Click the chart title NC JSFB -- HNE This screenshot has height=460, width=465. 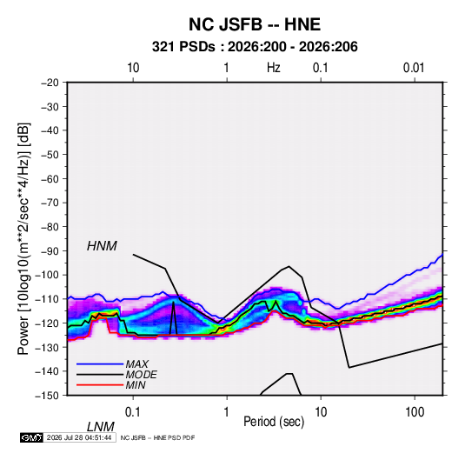(x=255, y=24)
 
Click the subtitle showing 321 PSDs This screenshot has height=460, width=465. (x=255, y=47)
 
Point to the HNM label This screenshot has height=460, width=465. (x=102, y=246)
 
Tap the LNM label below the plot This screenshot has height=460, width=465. (x=100, y=427)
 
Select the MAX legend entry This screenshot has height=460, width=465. (x=136, y=364)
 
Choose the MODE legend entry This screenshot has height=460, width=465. (x=141, y=375)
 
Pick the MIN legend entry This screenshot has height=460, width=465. (x=136, y=385)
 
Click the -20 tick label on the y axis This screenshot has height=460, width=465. (x=50, y=83)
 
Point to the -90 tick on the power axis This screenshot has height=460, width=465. (x=50, y=251)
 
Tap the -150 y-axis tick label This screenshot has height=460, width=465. (x=47, y=396)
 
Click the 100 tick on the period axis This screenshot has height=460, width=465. (x=415, y=412)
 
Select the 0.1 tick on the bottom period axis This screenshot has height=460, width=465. (x=133, y=412)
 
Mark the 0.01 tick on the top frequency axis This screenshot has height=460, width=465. (x=414, y=68)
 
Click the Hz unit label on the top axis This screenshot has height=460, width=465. (x=274, y=68)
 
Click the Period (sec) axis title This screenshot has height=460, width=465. (x=274, y=422)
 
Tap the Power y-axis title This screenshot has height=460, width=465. (x=23, y=239)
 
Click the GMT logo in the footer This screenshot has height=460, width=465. (x=32, y=437)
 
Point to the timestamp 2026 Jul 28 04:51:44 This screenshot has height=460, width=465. (x=79, y=437)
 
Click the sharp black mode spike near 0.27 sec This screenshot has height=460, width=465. (x=173, y=302)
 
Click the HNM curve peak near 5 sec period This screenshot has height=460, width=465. (x=289, y=266)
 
